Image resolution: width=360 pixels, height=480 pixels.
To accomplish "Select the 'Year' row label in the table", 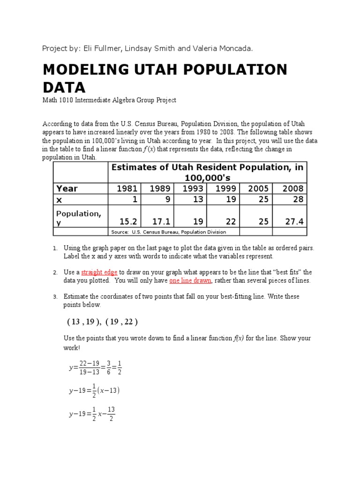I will [x=67, y=188].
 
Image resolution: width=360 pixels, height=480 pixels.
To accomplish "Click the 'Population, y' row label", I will [x=78, y=217].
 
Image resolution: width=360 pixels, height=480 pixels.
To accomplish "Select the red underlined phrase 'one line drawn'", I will [x=190, y=280].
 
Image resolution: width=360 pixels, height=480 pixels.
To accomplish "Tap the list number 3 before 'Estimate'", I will [x=55, y=297].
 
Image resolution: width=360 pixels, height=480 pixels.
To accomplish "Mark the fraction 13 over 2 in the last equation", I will [x=111, y=414].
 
